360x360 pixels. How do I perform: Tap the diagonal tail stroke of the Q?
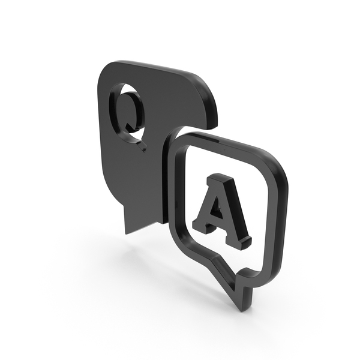click(x=137, y=140)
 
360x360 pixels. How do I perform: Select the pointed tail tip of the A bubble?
click(x=243, y=310)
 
